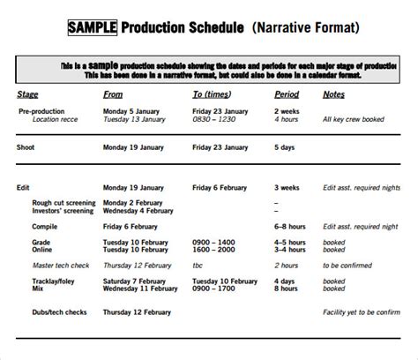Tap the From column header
point(113,94)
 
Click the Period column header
point(287,94)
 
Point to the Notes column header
point(333,94)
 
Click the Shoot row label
point(27,148)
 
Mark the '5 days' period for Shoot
point(286,148)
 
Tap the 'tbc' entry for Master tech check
point(198,265)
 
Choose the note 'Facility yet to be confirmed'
point(361,312)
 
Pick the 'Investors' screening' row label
point(63,210)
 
